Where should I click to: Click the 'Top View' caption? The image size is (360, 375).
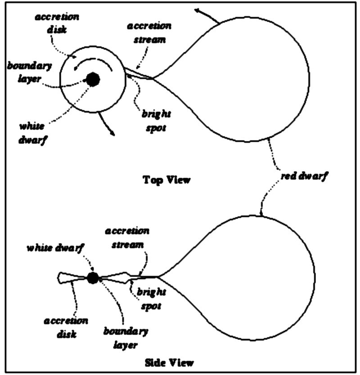[166, 180]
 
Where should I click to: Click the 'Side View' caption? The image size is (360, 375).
[169, 363]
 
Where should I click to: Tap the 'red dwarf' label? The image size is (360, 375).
[304, 176]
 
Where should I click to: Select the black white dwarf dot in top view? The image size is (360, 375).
[93, 79]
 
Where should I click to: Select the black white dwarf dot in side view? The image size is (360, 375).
[93, 278]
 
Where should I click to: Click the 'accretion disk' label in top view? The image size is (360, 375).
[57, 23]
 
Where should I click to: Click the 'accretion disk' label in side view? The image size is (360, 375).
[66, 327]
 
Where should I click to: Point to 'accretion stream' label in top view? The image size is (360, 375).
[149, 33]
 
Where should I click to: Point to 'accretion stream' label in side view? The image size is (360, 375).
[127, 238]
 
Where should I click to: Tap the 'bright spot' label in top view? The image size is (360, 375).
[156, 121]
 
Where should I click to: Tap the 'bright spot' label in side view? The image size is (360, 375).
[151, 299]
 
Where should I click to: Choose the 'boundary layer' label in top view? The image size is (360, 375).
[29, 72]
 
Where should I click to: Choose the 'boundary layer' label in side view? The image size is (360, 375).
[126, 339]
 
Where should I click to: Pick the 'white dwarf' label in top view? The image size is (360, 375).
[32, 133]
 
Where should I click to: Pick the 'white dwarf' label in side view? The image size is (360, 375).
[55, 248]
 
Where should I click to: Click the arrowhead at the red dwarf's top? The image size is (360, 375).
[198, 11]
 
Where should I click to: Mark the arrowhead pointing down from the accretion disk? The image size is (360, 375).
[112, 133]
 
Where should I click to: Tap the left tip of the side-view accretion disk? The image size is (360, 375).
[58, 278]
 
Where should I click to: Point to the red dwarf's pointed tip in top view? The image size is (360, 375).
[153, 78]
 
